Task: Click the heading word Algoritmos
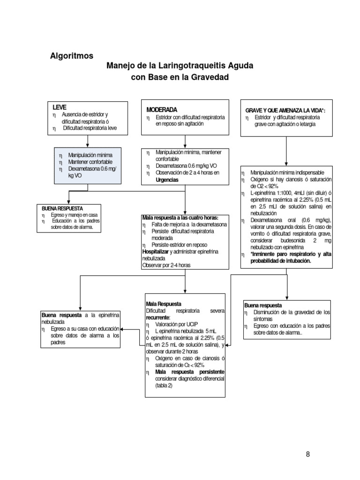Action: point(72,56)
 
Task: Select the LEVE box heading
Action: point(60,107)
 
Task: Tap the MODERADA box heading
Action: point(162,109)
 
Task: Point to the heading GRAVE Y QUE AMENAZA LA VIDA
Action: point(285,110)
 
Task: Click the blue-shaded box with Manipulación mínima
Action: point(88,165)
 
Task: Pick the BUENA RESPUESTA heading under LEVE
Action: point(62,207)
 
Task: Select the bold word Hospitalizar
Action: point(155,251)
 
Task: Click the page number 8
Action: point(307,454)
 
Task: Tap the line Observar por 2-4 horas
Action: point(166,264)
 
